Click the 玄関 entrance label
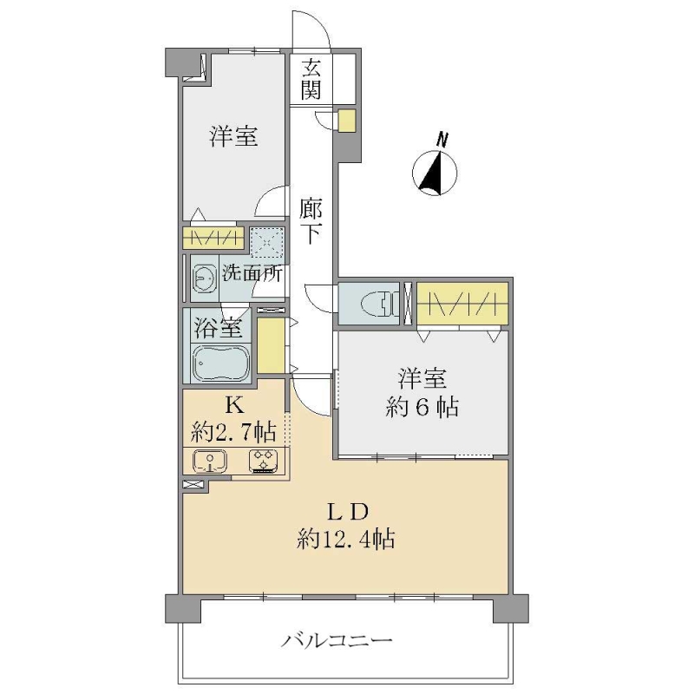point(311,79)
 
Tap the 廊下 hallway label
point(311,221)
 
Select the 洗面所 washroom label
point(252,273)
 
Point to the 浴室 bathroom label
point(218,328)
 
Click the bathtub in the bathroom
point(220,363)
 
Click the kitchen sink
point(210,462)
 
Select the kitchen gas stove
point(263,462)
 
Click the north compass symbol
point(435,173)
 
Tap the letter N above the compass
point(441,140)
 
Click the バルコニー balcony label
point(337,640)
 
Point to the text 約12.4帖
point(345,539)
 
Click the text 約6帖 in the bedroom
point(422,407)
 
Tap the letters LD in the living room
point(347,512)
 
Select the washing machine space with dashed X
point(267,242)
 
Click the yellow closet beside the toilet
point(462,303)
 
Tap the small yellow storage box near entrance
point(346,121)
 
